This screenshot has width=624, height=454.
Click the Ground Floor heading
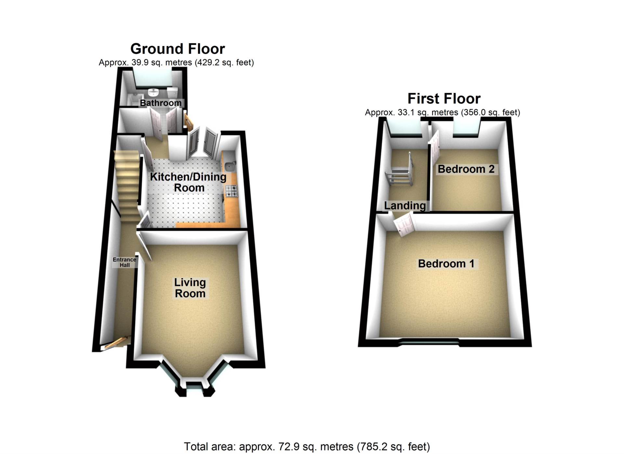[177, 49]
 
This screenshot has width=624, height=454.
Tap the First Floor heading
[444, 99]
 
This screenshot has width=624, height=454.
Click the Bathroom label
[161, 103]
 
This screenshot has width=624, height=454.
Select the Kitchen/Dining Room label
[188, 182]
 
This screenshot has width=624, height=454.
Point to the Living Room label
[190, 288]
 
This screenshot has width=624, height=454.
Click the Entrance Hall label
[124, 262]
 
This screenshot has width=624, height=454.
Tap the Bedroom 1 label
[446, 263]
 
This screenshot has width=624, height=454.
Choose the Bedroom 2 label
[466, 169]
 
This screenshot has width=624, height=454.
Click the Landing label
[405, 206]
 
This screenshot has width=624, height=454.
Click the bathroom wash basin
[153, 92]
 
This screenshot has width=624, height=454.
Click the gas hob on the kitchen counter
[231, 191]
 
